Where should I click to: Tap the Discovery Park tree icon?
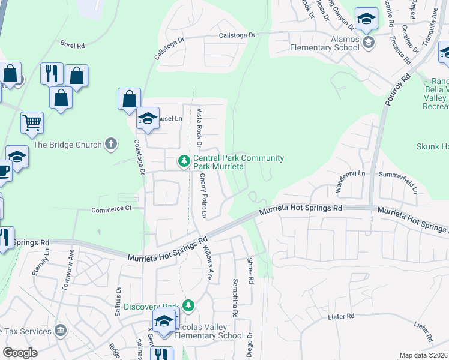click(188, 306)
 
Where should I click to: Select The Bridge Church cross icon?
click(110, 144)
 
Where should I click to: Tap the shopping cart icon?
click(32, 122)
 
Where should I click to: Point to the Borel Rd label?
click(73, 44)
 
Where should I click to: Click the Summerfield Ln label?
click(399, 174)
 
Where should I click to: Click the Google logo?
click(20, 353)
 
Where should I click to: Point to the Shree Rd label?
click(250, 271)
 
